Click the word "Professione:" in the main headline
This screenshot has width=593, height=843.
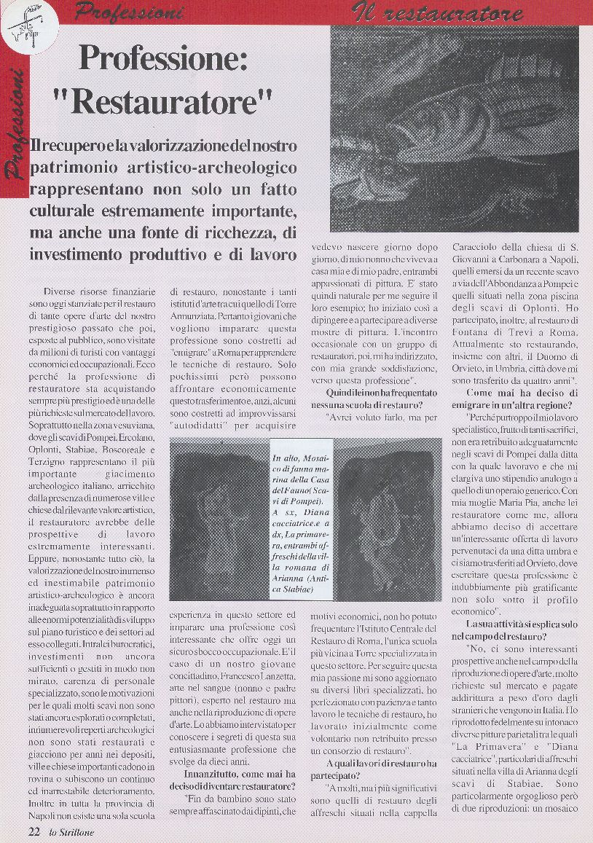coord(163,58)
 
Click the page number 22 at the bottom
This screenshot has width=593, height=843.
coord(34,830)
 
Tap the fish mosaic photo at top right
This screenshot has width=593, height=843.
coord(454,129)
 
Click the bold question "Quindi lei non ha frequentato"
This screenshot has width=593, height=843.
coord(372,393)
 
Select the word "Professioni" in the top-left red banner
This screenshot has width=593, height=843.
coord(130,12)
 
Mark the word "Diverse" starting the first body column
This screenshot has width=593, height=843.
coord(63,291)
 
